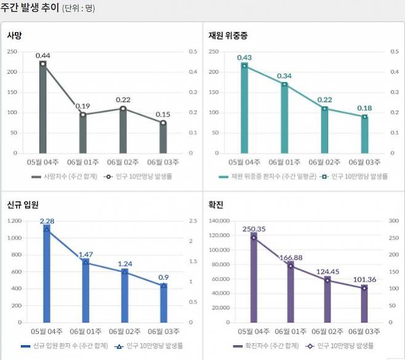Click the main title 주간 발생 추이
(30, 9)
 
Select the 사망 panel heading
(15, 35)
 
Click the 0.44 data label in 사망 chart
(43, 56)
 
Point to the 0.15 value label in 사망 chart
(163, 114)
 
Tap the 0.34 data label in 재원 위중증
(284, 76)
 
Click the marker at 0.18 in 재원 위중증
(364, 116)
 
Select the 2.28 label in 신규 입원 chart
(47, 221)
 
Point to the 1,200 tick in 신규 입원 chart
(13, 221)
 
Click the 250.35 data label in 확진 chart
(254, 229)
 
